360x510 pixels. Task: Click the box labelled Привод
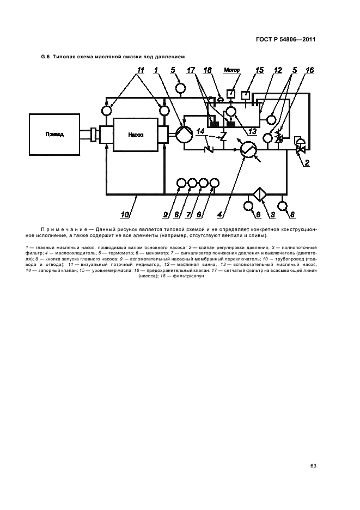pyautogui.click(x=54, y=135)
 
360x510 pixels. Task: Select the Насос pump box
pyautogui.click(x=135, y=135)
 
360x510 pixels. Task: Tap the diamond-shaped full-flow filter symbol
pyautogui.click(x=260, y=195)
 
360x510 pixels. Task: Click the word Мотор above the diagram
pyautogui.click(x=232, y=70)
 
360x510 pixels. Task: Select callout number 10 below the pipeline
pyautogui.click(x=125, y=215)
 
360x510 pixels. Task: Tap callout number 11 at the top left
pyautogui.click(x=141, y=70)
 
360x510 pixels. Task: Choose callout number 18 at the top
pyautogui.click(x=208, y=70)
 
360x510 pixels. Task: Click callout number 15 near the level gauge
pyautogui.click(x=259, y=70)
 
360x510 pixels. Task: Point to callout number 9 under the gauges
pyautogui.click(x=166, y=215)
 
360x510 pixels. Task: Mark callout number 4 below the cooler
pyautogui.click(x=220, y=215)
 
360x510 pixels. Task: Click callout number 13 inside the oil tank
pyautogui.click(x=252, y=131)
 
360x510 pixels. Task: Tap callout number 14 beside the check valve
pyautogui.click(x=200, y=131)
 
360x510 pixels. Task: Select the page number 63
pyautogui.click(x=313, y=466)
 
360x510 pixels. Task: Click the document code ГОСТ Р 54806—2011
pyautogui.click(x=286, y=40)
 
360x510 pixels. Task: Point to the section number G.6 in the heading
pyautogui.click(x=45, y=57)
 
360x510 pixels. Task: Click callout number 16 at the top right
pyautogui.click(x=309, y=70)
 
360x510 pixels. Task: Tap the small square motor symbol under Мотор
pyautogui.click(x=231, y=94)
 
